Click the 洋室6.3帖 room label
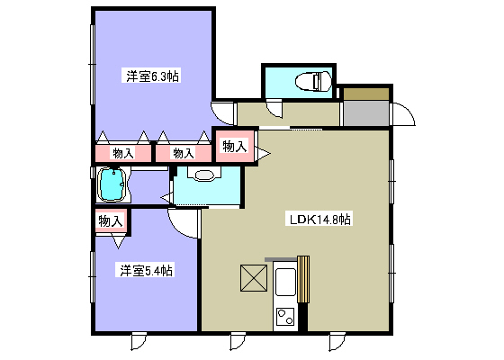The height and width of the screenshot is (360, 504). (x=151, y=76)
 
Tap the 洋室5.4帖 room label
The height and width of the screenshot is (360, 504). (x=145, y=270)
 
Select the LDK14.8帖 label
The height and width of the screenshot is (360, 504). (x=319, y=219)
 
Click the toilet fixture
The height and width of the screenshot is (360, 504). (x=313, y=81)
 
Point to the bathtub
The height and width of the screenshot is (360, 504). (x=112, y=184)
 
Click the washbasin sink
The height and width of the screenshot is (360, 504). (x=204, y=175)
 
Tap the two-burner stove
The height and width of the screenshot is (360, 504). (x=285, y=317)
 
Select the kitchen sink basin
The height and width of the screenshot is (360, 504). (x=285, y=282)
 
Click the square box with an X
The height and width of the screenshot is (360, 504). (x=254, y=278)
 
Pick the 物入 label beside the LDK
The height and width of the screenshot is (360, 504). (x=235, y=146)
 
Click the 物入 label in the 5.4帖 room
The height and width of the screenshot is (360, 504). (x=110, y=220)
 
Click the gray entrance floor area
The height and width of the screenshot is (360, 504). (x=366, y=113)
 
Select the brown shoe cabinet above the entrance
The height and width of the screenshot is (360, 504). (x=366, y=94)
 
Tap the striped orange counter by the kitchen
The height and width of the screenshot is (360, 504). (x=303, y=279)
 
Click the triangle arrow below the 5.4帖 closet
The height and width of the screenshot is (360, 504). (x=118, y=242)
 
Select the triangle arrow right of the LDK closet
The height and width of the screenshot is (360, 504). (x=263, y=153)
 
